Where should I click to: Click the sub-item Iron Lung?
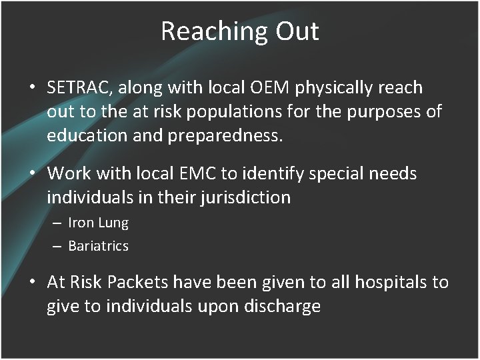tap(98, 223)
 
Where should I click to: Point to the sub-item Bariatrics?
tap(98, 246)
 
